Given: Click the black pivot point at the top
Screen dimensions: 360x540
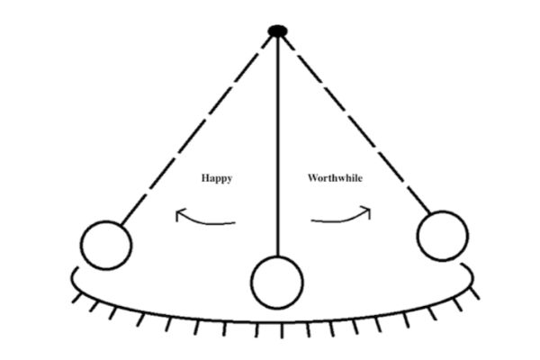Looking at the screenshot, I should (277, 31).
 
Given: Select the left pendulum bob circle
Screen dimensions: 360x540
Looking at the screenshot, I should (106, 245).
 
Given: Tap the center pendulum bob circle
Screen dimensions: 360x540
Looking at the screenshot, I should (277, 282).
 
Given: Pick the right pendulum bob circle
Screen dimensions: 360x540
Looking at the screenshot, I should (442, 236).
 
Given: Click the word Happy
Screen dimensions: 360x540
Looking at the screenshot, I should (216, 178).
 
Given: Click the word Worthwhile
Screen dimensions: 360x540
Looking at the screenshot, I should (336, 178).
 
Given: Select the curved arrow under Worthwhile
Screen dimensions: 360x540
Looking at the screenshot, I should (342, 216).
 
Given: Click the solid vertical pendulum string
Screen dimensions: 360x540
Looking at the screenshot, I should (277, 144).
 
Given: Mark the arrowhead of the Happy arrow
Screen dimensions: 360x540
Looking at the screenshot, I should (178, 214).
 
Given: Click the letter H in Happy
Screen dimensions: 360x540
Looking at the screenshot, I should (204, 178).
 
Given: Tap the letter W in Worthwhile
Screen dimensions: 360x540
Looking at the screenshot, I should (313, 178).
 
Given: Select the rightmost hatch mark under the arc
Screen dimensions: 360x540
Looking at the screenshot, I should (472, 292).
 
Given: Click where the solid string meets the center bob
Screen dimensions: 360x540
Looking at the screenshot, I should (277, 256).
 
